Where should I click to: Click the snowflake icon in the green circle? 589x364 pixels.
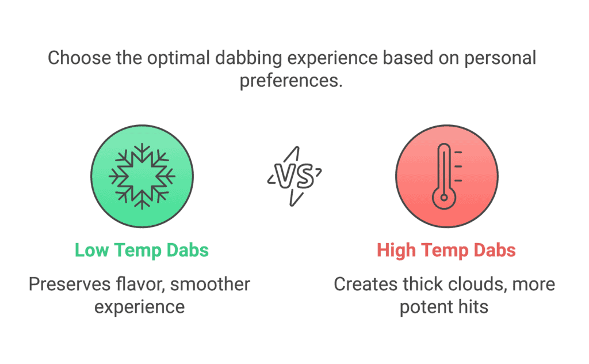click(142, 176)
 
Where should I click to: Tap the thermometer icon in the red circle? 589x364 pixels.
click(446, 176)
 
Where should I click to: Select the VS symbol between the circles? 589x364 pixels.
click(294, 176)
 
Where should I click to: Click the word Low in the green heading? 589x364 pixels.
click(91, 250)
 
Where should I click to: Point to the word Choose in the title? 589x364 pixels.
click(79, 58)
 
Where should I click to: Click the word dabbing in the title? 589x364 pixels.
click(248, 59)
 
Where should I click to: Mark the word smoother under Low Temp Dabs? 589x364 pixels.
click(210, 285)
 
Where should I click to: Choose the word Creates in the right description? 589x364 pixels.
click(365, 285)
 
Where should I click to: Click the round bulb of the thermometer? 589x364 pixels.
click(444, 198)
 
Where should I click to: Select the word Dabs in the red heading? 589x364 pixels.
click(495, 250)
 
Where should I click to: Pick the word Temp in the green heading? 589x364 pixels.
click(137, 251)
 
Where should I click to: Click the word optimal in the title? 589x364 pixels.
click(178, 59)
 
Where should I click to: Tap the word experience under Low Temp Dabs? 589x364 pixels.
click(139, 308)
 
